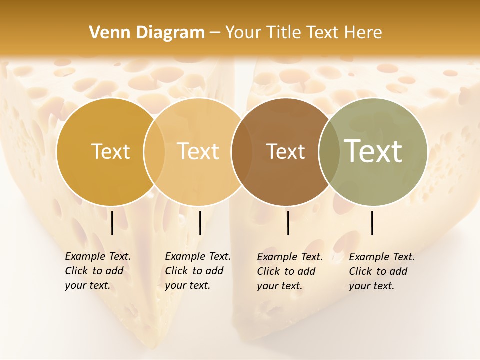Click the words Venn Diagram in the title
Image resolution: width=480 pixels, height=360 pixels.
(x=147, y=33)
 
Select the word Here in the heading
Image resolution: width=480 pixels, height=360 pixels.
(x=362, y=33)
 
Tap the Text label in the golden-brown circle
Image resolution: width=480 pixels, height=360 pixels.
(x=110, y=151)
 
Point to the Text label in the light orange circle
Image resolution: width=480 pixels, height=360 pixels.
(x=198, y=151)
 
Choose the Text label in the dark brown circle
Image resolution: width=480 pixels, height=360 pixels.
(x=285, y=151)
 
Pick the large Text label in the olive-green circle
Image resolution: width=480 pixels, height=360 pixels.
(x=373, y=151)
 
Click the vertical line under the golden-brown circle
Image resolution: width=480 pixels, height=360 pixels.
(x=112, y=223)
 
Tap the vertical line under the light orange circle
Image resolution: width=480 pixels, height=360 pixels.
(x=200, y=223)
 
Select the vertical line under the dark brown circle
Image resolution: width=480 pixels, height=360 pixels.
(x=288, y=223)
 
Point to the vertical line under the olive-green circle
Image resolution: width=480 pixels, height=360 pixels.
(x=372, y=223)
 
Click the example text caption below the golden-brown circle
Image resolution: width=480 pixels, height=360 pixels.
(x=98, y=271)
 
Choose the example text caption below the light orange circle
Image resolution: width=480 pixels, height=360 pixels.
(x=198, y=271)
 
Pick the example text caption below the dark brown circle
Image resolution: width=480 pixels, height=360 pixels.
(x=290, y=271)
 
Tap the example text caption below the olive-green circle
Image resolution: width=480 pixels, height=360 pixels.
(x=382, y=271)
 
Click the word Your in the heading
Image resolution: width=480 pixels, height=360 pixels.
(x=243, y=33)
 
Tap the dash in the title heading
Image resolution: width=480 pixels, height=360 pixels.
(x=215, y=33)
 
